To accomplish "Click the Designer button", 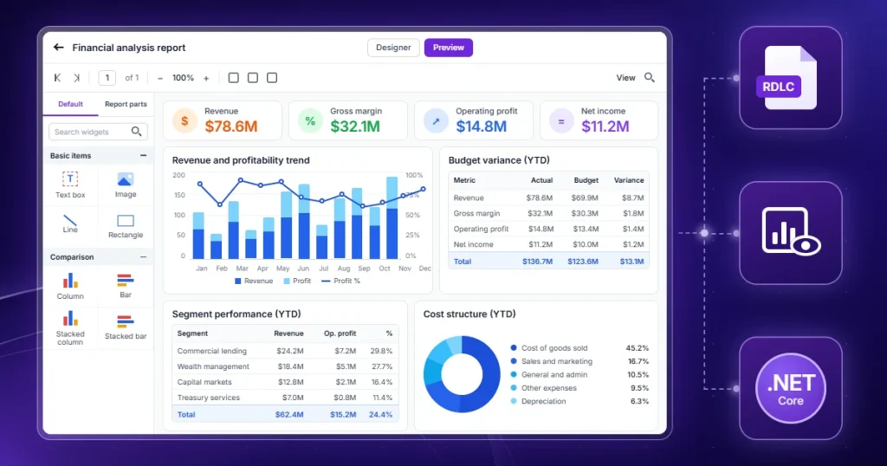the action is click(393, 48).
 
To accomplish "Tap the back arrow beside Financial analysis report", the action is click(58, 48).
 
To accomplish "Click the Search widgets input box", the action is click(99, 132).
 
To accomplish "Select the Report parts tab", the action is click(126, 104).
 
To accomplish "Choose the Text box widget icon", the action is click(70, 179).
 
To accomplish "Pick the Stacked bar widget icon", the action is click(125, 321).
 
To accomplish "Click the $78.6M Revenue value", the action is click(230, 126).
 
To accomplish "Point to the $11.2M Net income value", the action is click(605, 126).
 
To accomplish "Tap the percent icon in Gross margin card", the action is click(310, 121).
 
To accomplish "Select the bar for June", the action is click(304, 222).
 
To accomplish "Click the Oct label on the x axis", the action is click(385, 269).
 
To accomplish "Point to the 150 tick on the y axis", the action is click(179, 195).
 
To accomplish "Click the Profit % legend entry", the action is click(340, 281).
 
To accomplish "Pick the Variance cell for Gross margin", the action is click(633, 213).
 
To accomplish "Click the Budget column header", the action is click(586, 180).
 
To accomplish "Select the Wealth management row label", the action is click(213, 366).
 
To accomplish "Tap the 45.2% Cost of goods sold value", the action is click(637, 348).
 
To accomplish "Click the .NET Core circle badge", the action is click(791, 389).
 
